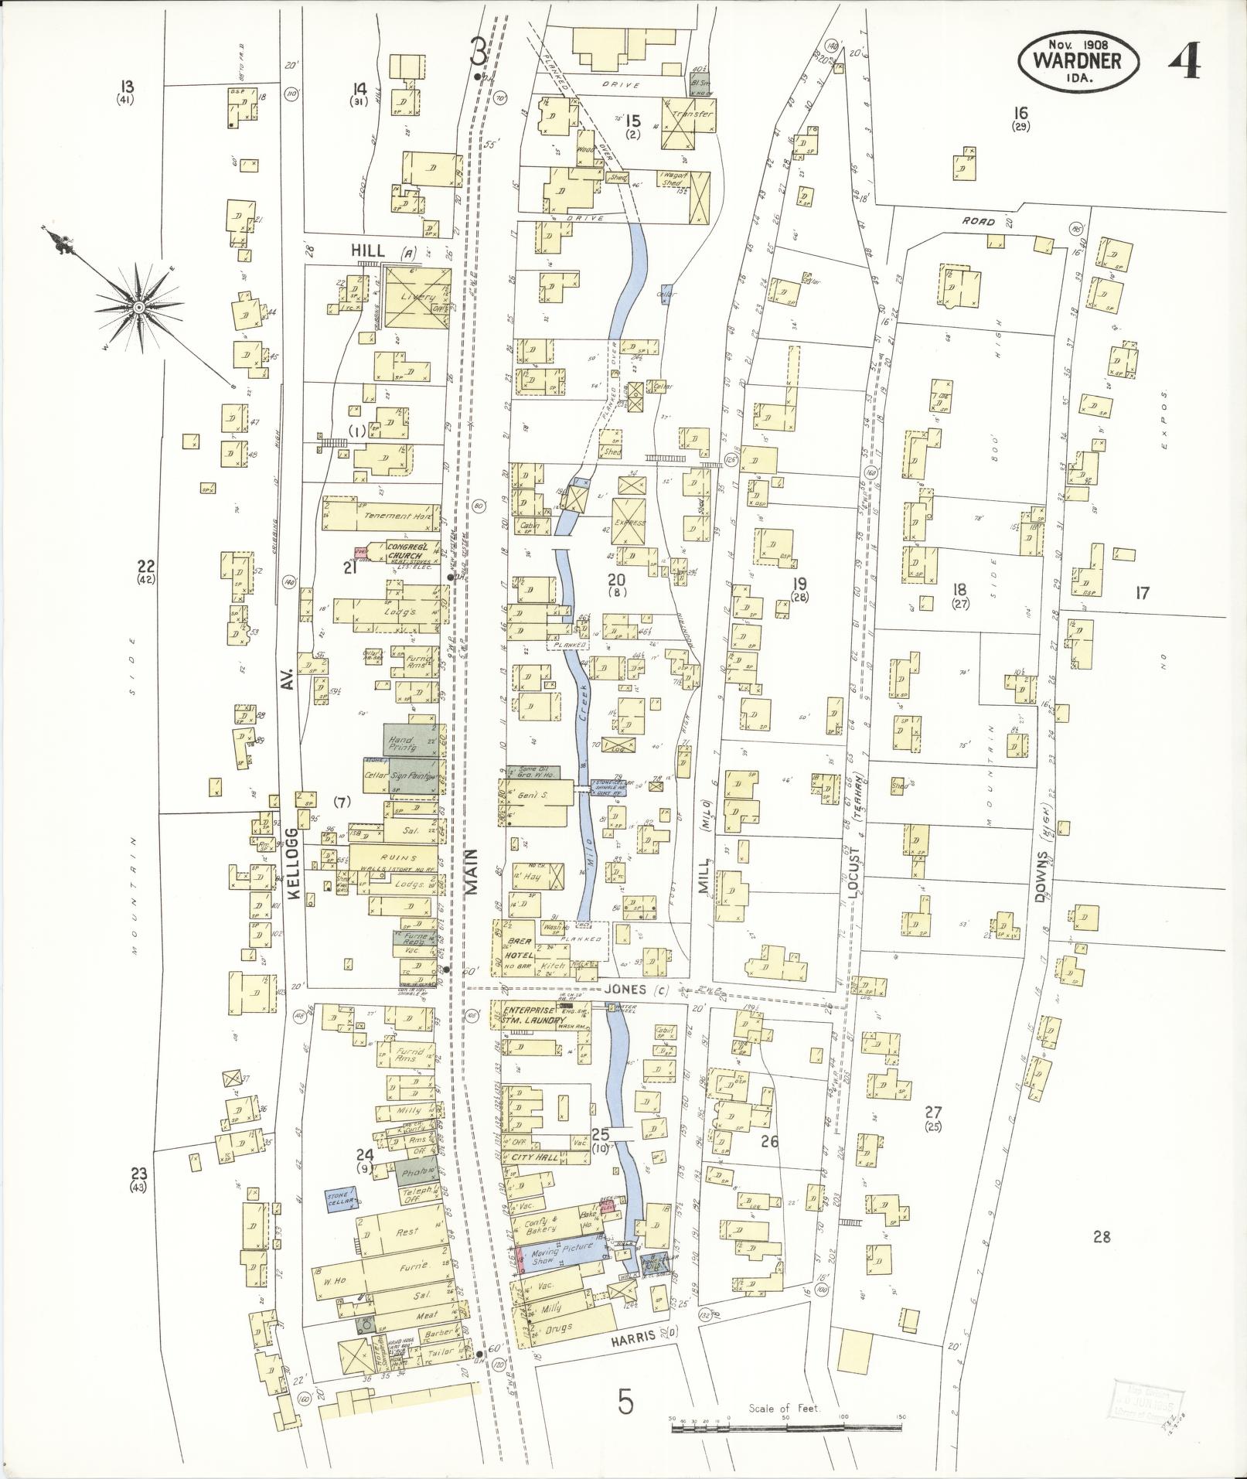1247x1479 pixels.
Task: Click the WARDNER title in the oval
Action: tap(1079, 61)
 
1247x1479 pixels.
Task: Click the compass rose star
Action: tap(139, 308)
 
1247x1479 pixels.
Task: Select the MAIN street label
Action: tap(471, 871)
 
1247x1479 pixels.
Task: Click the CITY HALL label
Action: tap(533, 1157)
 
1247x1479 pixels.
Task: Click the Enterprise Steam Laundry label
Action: tap(528, 1016)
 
